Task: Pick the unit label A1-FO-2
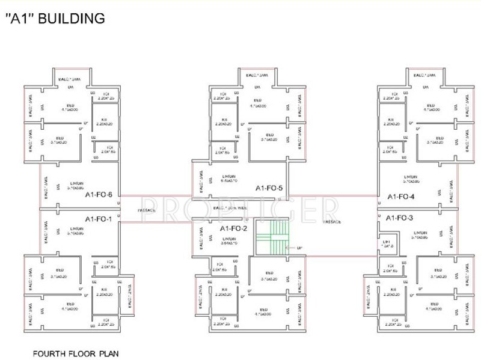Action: (233, 228)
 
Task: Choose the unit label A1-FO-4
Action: (401, 196)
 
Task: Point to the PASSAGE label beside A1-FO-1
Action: (147, 210)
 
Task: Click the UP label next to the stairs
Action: (291, 247)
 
